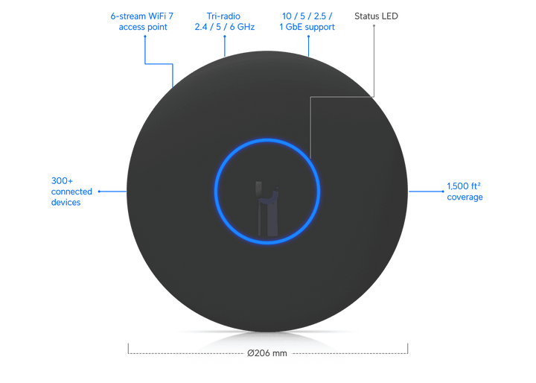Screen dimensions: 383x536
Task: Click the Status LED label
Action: click(x=377, y=15)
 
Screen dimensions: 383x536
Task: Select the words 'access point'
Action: click(x=140, y=28)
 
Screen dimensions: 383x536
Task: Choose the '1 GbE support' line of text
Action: click(x=307, y=28)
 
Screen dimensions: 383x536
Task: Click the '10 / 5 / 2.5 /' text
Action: click(x=307, y=15)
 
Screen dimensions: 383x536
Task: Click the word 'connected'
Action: click(x=71, y=191)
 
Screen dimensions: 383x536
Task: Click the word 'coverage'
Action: click(x=465, y=198)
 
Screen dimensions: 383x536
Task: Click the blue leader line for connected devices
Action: click(x=112, y=190)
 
